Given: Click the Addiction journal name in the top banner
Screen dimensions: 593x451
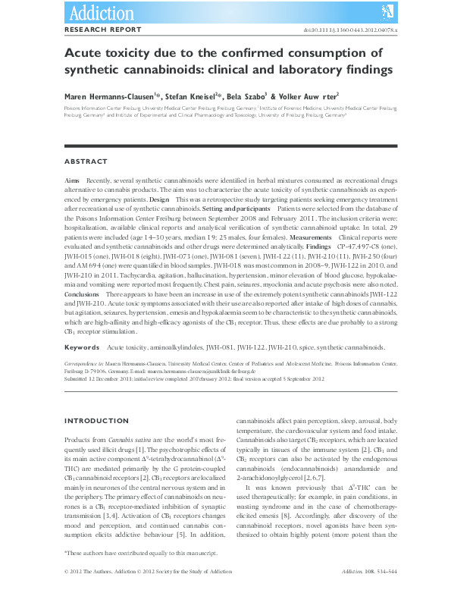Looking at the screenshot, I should click(102, 12).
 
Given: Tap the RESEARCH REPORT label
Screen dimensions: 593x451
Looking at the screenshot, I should click(102, 30).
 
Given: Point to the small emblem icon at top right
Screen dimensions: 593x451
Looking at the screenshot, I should click(387, 11).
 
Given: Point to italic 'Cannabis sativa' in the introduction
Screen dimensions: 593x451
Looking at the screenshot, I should click(124, 440).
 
